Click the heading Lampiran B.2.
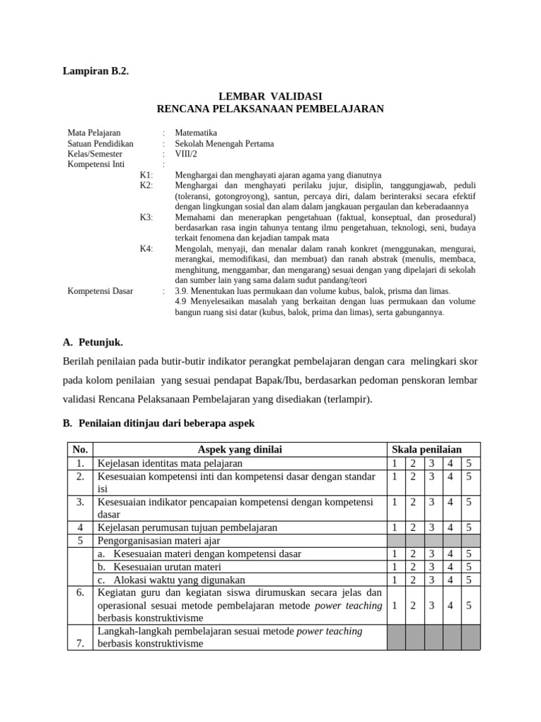tap(97, 71)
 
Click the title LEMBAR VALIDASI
tap(270, 96)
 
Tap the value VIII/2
tap(186, 154)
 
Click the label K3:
tap(146, 217)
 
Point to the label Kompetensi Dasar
tap(100, 290)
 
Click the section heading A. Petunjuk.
tap(93, 342)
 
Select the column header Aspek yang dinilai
tap(240, 450)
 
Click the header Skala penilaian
tap(427, 450)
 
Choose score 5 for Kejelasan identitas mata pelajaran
tap(469, 463)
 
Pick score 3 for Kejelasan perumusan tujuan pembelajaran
tap(431, 527)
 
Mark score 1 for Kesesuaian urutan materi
tap(395, 567)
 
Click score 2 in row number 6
tap(413, 605)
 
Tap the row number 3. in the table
tap(80, 502)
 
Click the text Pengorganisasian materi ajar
tap(158, 541)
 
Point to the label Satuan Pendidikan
tap(100, 143)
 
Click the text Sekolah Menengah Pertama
tap(224, 143)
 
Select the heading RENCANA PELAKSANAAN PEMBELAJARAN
tap(270, 109)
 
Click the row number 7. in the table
tap(80, 643)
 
